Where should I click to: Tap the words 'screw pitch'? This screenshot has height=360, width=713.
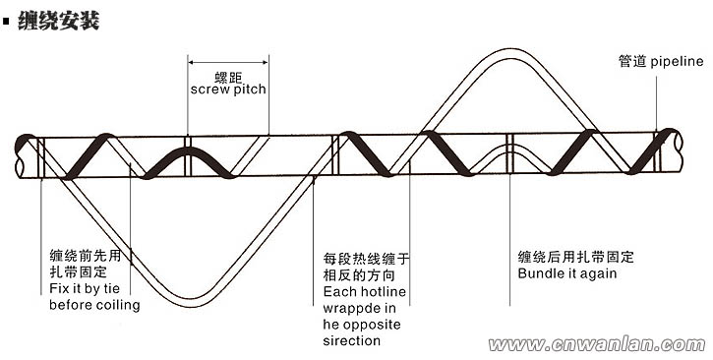(x=228, y=89)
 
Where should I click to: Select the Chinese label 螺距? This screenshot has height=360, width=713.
(x=228, y=75)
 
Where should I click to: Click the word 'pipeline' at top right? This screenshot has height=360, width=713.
(x=678, y=61)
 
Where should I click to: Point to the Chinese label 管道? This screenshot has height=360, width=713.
(x=632, y=61)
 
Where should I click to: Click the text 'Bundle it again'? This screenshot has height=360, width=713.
(x=567, y=272)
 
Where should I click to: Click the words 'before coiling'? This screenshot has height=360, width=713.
(x=94, y=305)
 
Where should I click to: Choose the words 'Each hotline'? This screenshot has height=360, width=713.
(x=365, y=292)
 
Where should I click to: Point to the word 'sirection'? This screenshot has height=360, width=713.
(x=351, y=340)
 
